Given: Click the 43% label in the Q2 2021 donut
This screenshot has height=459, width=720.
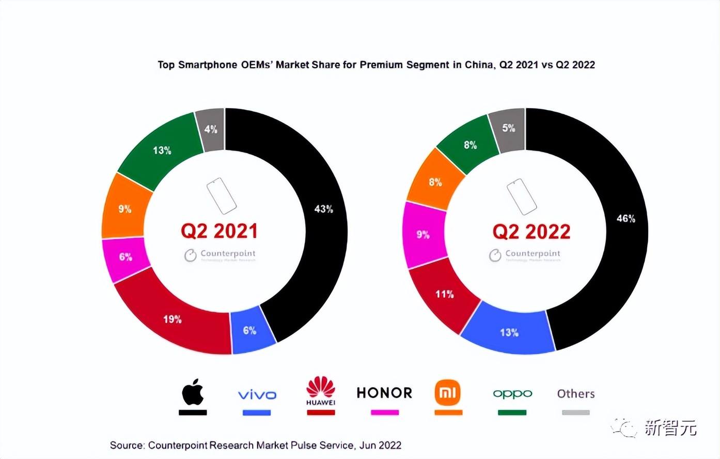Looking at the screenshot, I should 324,209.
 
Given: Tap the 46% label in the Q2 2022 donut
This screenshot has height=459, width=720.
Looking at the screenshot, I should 625,218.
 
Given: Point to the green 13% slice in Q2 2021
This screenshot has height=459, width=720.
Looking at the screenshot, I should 161,150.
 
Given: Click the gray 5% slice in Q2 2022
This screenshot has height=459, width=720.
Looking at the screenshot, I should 508,128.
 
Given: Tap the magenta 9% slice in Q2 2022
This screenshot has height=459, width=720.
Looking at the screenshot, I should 424,235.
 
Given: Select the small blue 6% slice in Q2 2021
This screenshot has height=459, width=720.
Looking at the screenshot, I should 250,330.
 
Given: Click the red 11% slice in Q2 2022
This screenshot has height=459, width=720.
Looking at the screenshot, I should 444,294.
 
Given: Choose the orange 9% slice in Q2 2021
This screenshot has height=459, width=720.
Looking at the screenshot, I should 125,209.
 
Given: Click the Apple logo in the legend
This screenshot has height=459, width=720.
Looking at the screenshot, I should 193,392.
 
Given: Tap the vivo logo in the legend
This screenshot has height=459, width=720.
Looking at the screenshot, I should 257,395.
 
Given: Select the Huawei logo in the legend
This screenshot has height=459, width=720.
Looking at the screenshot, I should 321,391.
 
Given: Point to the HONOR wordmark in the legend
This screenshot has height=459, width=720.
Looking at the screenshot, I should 384,393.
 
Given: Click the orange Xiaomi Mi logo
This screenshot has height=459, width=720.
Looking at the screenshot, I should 448,393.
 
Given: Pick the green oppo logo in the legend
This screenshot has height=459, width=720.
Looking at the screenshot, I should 512,394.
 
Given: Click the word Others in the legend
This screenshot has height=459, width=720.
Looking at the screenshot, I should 576,394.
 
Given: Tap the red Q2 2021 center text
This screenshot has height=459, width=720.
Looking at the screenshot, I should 219,231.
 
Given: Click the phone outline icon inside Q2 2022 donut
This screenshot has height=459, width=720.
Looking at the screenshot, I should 521,196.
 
